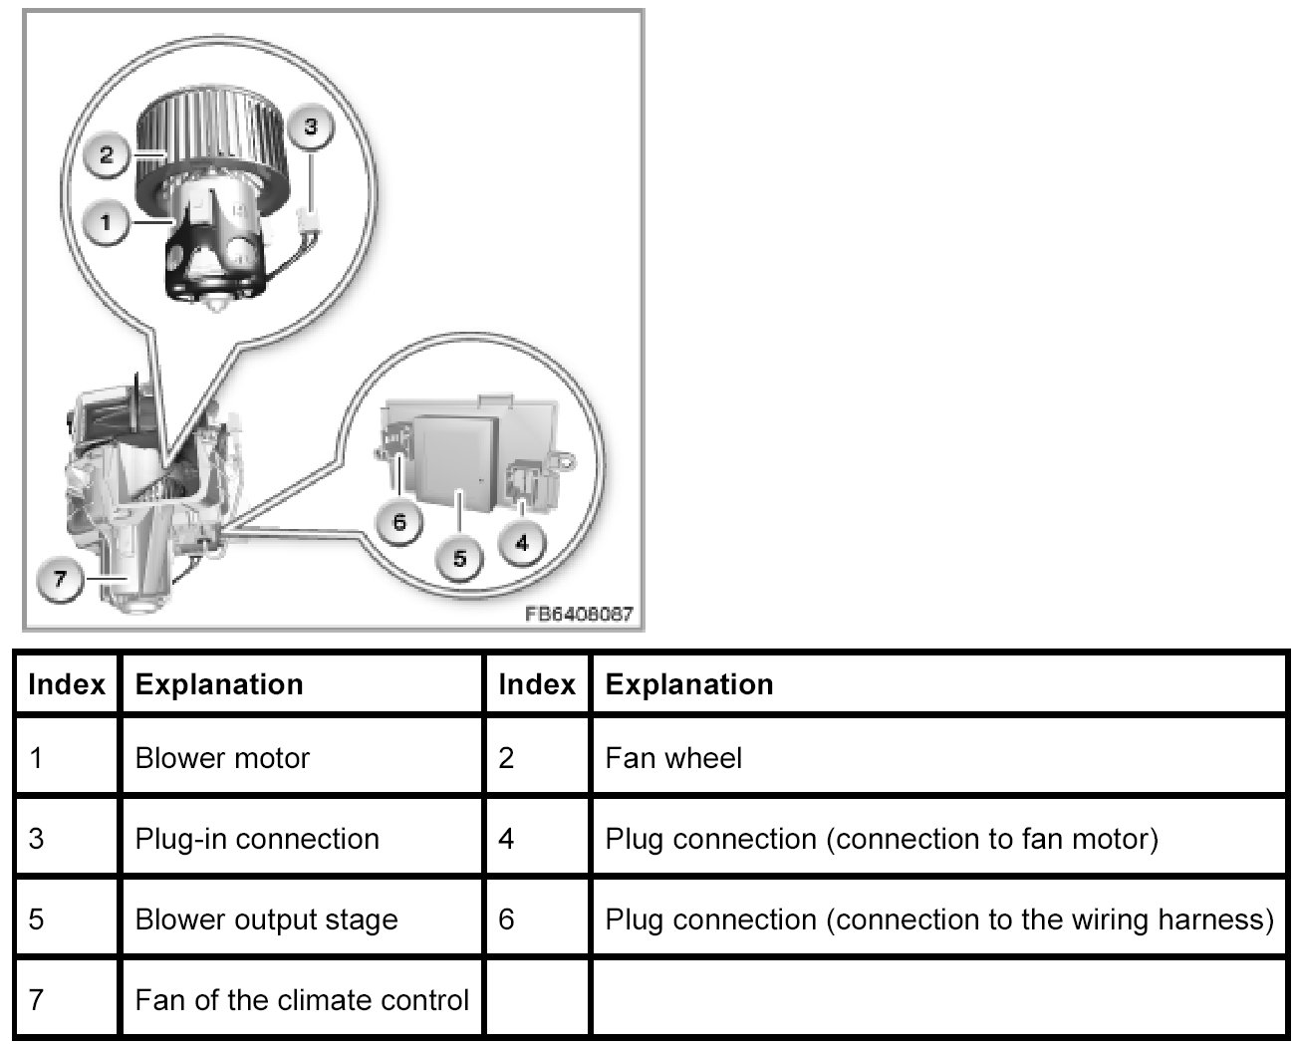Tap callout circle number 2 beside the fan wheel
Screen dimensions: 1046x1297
(107, 154)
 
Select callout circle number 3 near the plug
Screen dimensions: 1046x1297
(311, 128)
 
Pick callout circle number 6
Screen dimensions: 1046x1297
(399, 521)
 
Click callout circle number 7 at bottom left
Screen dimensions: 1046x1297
(60, 579)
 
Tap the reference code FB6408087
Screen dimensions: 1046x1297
(579, 614)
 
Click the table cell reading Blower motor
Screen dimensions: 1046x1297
(222, 758)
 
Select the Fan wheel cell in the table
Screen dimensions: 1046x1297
(673, 758)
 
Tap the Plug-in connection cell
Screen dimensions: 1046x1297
(257, 839)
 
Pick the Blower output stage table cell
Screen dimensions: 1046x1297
(266, 918)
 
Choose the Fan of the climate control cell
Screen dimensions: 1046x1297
(302, 999)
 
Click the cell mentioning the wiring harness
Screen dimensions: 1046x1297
(938, 918)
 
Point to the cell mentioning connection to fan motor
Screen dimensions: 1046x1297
(881, 839)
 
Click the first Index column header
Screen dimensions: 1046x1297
(67, 684)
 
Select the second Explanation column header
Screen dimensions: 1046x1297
(689, 684)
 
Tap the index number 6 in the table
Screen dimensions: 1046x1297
(506, 918)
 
